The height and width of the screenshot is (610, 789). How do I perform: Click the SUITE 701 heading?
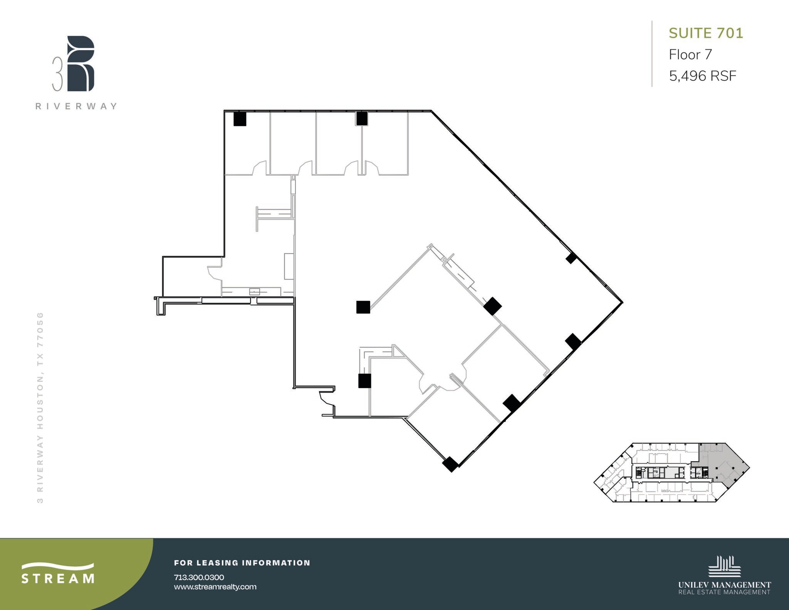(706, 34)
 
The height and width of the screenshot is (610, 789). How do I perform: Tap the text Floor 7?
(690, 55)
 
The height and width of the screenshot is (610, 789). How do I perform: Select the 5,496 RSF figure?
(702, 76)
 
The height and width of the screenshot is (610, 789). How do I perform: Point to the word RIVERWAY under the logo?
(76, 106)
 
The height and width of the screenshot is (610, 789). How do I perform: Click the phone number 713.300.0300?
(199, 577)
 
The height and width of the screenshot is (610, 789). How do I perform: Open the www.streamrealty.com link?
(215, 587)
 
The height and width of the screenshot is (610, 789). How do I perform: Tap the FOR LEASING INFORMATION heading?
(242, 563)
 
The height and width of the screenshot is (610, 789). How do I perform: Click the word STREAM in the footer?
(58, 579)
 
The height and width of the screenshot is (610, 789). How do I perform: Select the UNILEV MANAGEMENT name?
(724, 585)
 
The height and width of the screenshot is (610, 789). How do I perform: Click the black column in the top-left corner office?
(240, 119)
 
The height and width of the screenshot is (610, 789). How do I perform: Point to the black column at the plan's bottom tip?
(450, 464)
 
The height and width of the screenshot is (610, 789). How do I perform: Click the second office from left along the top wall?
(293, 143)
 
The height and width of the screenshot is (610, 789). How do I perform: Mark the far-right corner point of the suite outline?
(623, 302)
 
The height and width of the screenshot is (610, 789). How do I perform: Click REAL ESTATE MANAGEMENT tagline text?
(724, 592)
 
